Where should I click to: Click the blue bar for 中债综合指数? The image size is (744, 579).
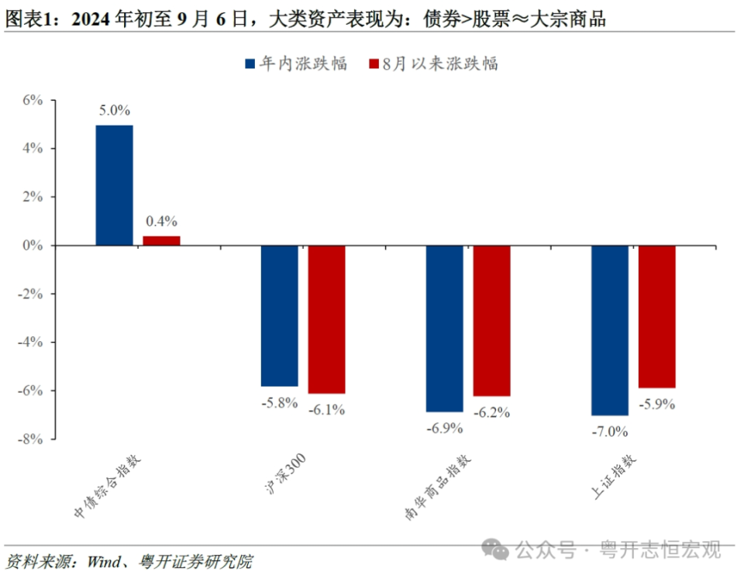coord(114,185)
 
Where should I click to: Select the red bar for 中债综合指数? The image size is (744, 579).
coord(161,240)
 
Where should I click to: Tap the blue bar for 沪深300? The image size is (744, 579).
coord(279,315)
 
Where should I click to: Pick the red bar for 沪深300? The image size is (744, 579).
coord(326,319)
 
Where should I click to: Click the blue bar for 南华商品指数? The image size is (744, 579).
coord(445,329)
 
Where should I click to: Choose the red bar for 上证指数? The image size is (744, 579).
coord(656,316)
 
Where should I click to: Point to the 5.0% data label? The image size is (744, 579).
coord(114,111)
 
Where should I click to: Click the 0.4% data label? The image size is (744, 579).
coord(161,222)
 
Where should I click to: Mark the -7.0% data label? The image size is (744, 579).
coord(609,430)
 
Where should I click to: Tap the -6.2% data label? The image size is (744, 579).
coord(491,412)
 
